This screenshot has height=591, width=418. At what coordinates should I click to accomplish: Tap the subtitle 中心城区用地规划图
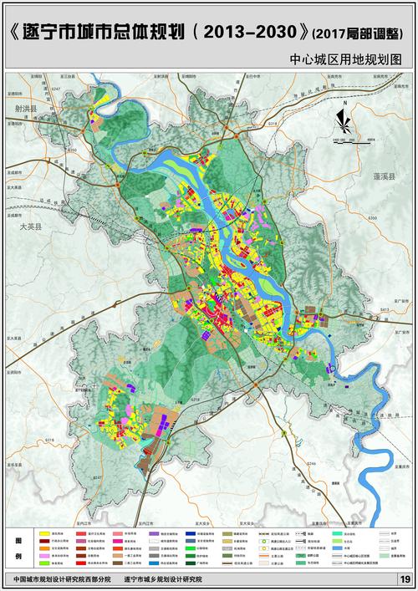click(x=346, y=61)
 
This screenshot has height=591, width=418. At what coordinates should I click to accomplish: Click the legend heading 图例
click(x=19, y=548)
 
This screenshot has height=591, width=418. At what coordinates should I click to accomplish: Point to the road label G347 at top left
click(x=56, y=88)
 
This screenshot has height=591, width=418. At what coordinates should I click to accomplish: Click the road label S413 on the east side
click(x=385, y=310)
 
